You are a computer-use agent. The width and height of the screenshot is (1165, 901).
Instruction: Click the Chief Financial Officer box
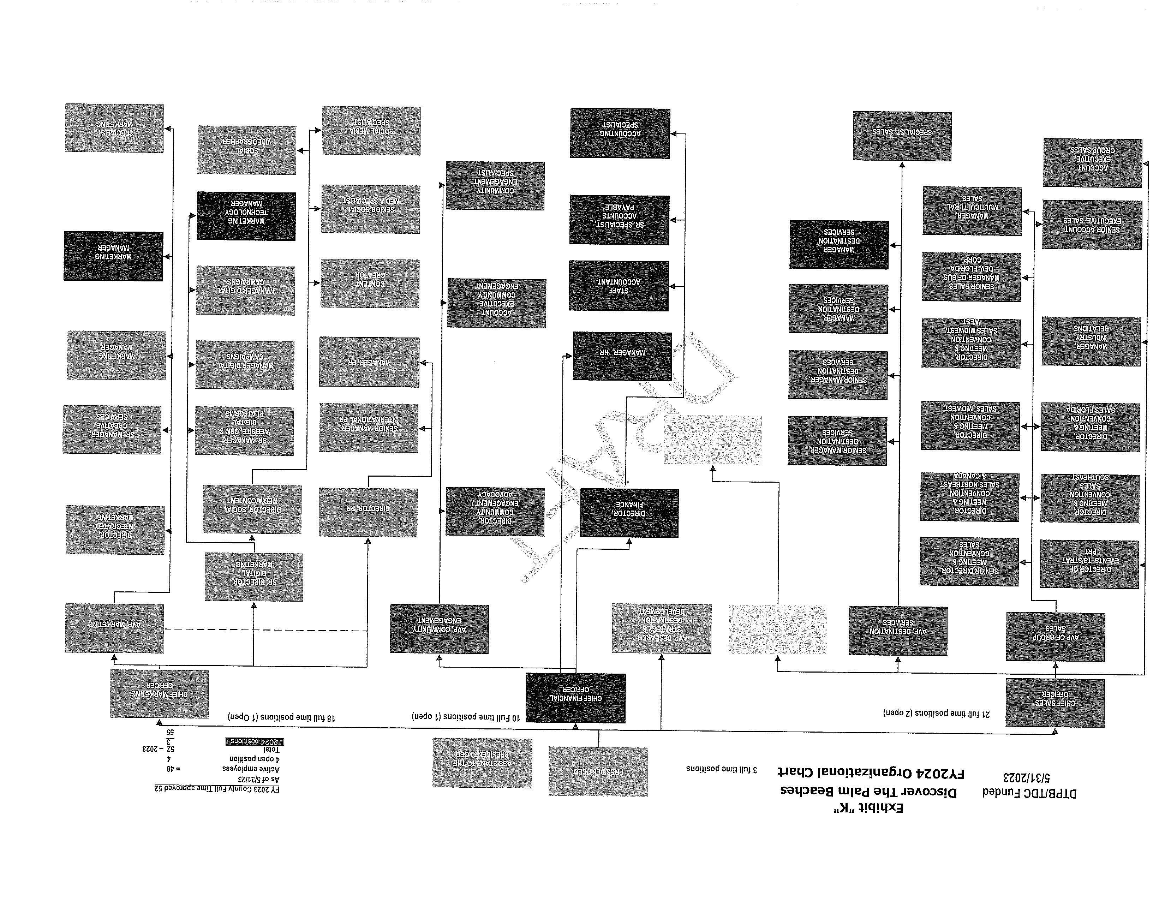(x=575, y=698)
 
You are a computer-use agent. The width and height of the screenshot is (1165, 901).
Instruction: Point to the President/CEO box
(x=598, y=771)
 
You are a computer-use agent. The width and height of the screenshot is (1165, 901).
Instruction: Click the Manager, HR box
(x=622, y=356)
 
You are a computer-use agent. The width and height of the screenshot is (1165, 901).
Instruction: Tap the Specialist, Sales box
(x=902, y=136)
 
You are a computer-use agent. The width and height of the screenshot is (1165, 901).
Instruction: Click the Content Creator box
(x=370, y=283)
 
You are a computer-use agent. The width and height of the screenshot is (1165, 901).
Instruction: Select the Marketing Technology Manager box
(x=246, y=216)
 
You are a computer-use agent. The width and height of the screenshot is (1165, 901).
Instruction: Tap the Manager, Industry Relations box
(x=1091, y=341)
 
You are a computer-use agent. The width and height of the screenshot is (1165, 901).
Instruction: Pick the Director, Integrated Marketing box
(x=115, y=530)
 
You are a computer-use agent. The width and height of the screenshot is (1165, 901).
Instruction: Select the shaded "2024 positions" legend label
(x=254, y=741)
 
